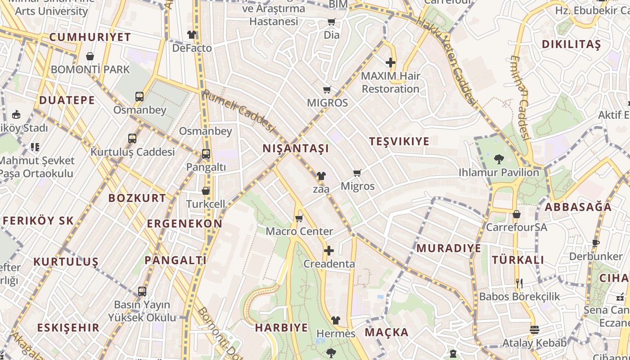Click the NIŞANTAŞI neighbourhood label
296,148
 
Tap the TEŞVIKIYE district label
399,141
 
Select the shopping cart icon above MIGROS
327,90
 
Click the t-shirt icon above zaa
321,175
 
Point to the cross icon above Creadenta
329,250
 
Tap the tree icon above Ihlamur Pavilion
499,159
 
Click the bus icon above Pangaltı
206,154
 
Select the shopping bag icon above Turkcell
206,191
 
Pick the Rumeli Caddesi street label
238,111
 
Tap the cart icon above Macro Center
299,219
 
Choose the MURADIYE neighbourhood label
449,248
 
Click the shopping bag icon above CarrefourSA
516,214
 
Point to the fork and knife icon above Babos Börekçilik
519,283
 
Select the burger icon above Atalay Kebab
534,329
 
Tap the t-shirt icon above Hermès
336,320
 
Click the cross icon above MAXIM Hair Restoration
390,63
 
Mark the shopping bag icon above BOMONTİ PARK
90,56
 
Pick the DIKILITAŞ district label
571,44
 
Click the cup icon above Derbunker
596,243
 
